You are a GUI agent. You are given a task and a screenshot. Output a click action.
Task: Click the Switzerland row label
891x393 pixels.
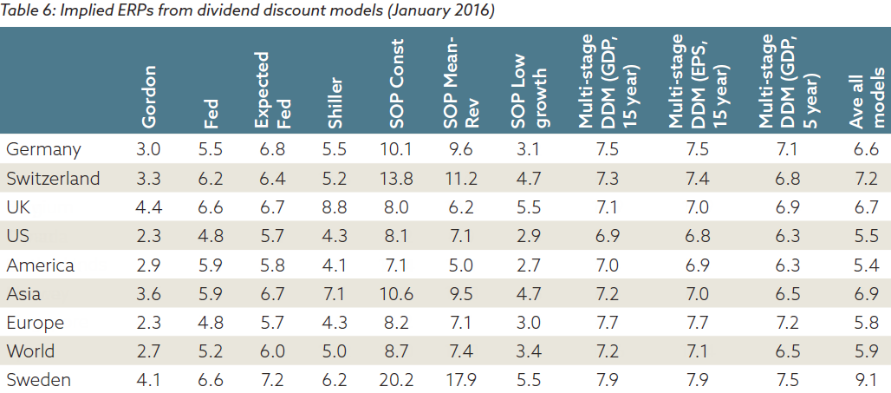click(x=53, y=179)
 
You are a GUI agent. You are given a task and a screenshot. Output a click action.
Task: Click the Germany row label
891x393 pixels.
click(x=43, y=150)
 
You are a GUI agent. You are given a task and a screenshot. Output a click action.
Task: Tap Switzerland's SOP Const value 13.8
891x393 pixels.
click(x=395, y=179)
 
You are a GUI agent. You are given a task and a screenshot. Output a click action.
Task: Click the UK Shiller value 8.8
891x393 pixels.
click(x=334, y=207)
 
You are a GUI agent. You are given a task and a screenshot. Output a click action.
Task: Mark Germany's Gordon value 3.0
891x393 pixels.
click(x=150, y=149)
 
